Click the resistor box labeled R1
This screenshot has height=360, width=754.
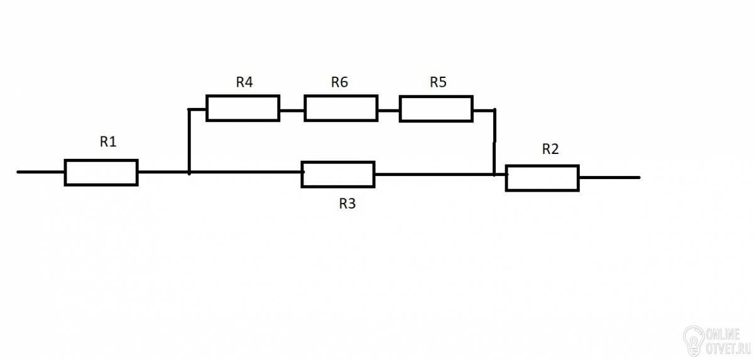(x=101, y=172)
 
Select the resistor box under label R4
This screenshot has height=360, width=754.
(x=243, y=108)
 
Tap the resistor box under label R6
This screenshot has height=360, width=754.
(x=341, y=108)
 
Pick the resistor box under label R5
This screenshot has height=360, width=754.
(x=436, y=109)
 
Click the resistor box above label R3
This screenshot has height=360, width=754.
(x=338, y=174)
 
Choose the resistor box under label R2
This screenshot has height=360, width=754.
(x=542, y=178)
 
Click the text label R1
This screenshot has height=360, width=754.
(x=109, y=142)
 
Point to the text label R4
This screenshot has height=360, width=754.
(x=245, y=82)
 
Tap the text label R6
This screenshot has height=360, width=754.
(x=339, y=82)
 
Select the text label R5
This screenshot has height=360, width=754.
(x=439, y=82)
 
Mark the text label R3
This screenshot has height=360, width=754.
(x=347, y=204)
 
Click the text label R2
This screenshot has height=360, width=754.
(x=550, y=149)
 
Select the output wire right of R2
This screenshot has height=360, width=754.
(x=609, y=178)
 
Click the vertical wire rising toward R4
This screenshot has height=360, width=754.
(x=189, y=139)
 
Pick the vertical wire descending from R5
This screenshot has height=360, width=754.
(x=494, y=141)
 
